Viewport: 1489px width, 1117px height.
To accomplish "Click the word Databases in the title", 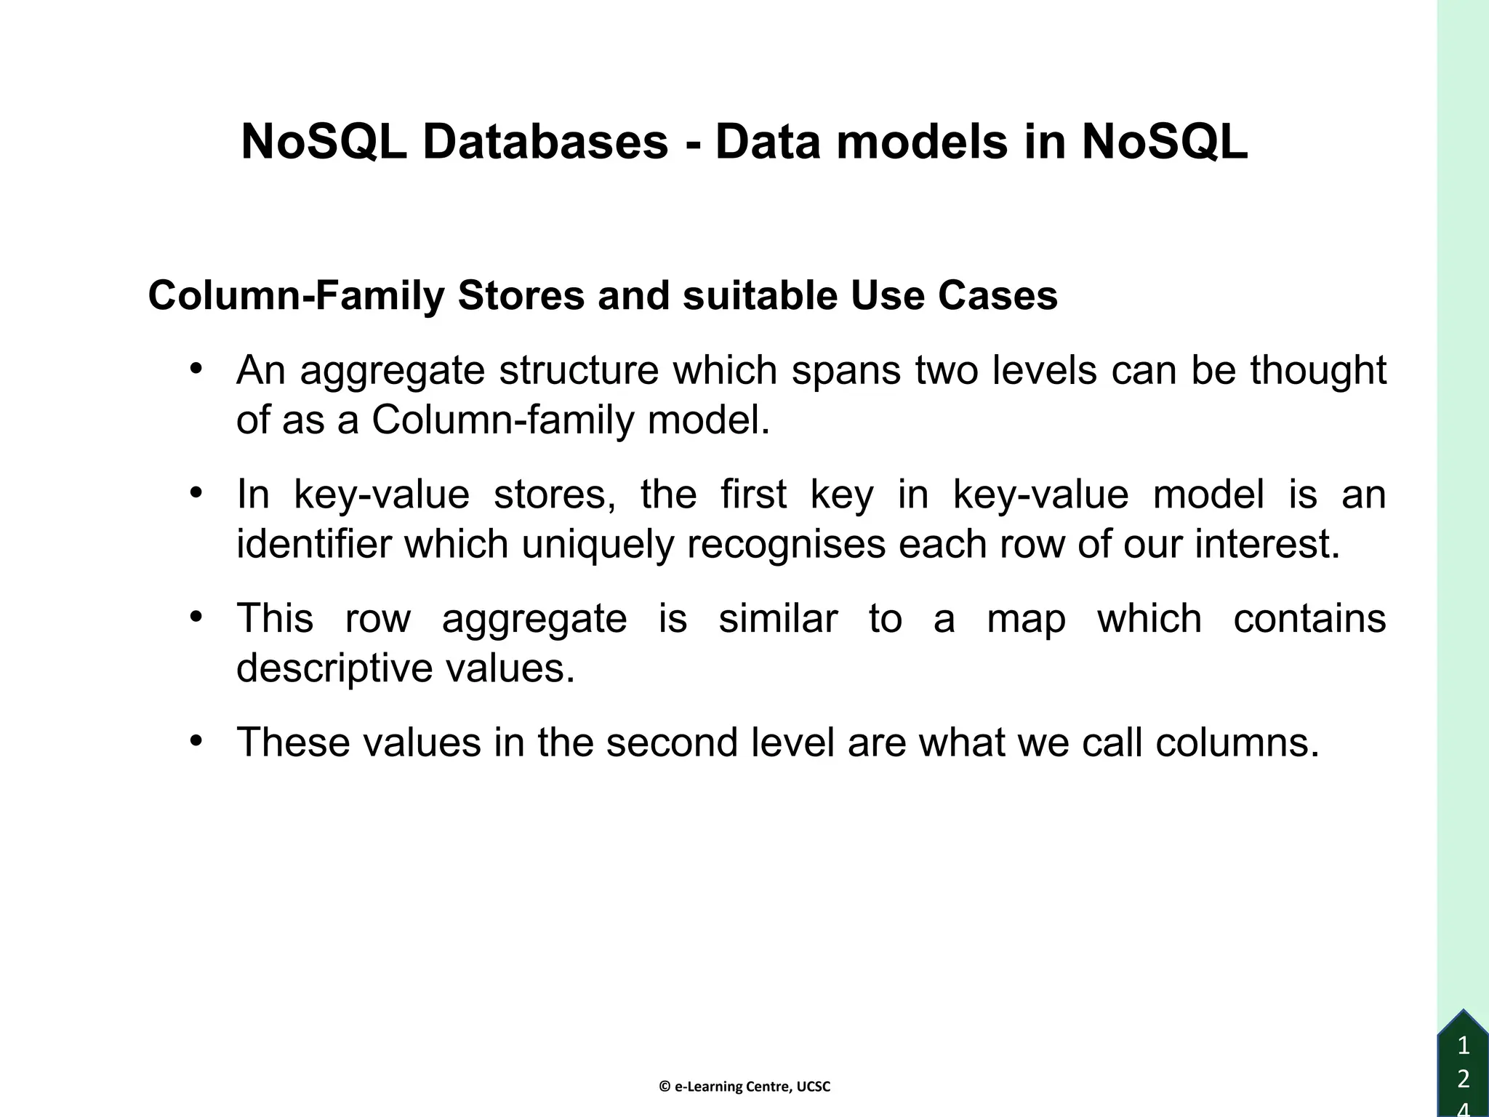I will pos(545,142).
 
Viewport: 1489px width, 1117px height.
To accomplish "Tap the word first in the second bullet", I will pos(753,495).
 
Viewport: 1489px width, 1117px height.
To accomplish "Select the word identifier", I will pos(314,544).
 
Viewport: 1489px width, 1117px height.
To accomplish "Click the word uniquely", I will pos(598,544).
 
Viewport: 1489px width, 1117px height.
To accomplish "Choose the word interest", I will pos(1267,544).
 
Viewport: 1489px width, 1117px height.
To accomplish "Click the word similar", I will pos(778,619).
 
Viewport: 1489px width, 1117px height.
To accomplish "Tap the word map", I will pos(1026,619).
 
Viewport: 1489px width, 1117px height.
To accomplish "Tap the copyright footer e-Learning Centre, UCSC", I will pos(744,1087).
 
